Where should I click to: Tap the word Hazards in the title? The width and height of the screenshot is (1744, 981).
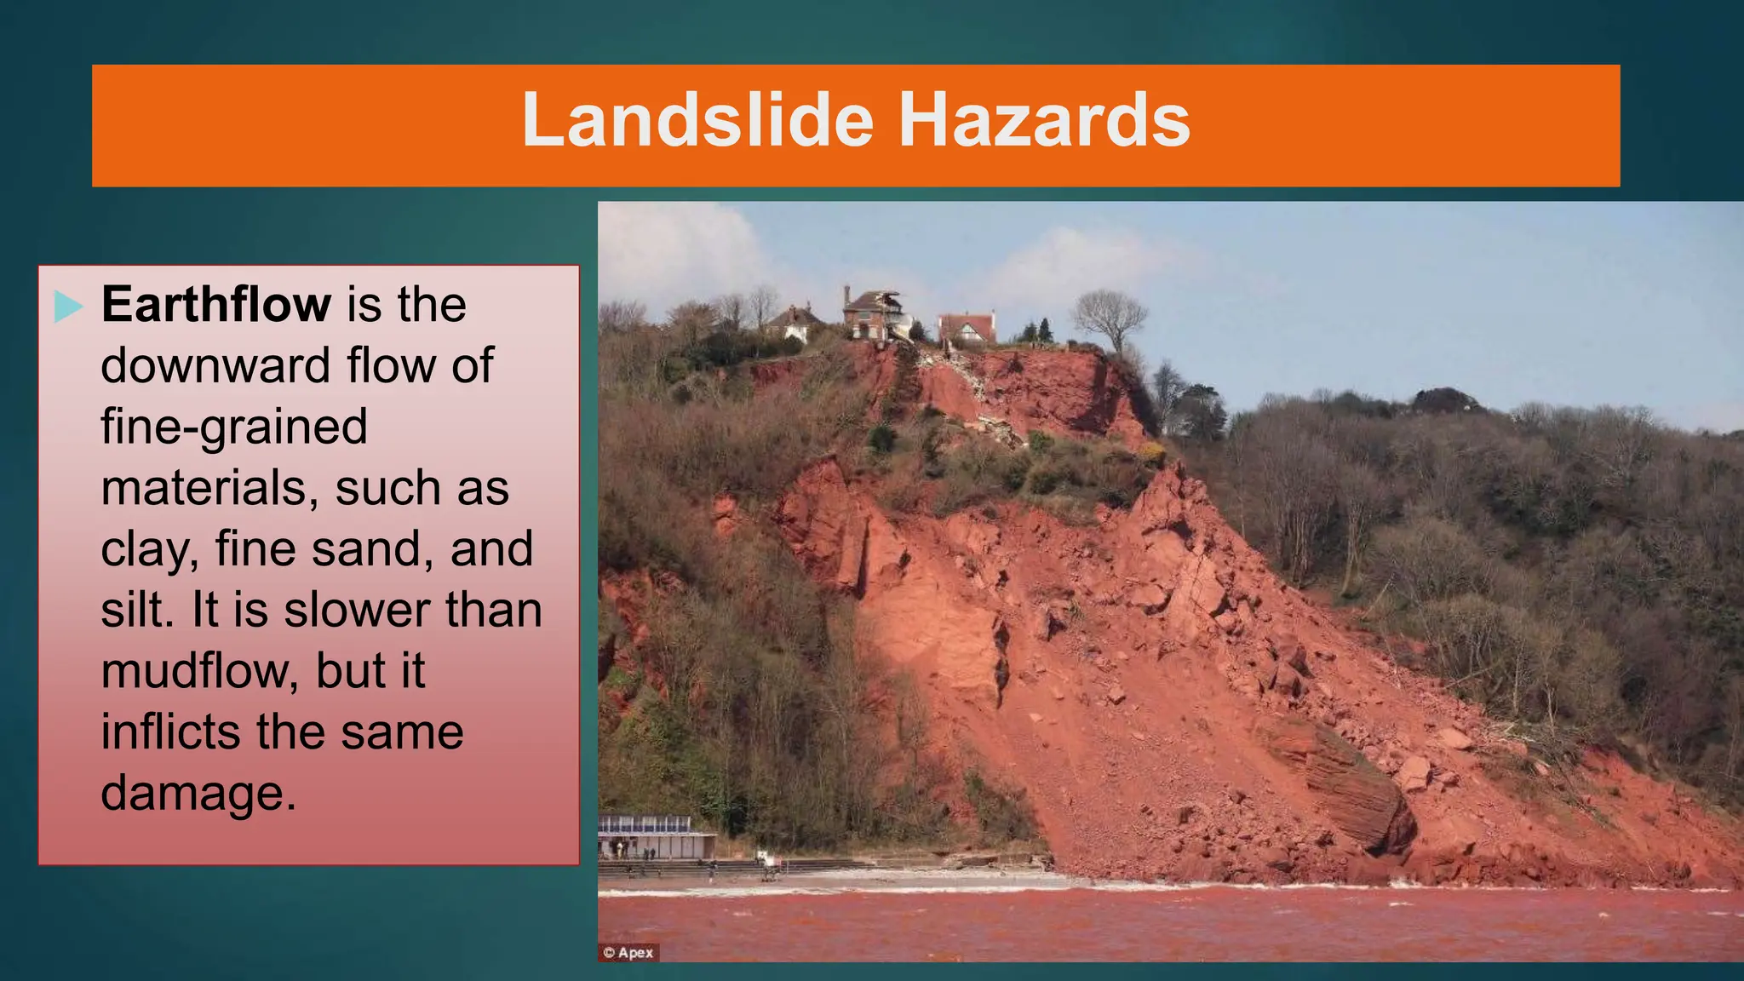click(x=1044, y=121)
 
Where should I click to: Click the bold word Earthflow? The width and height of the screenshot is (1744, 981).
click(x=216, y=304)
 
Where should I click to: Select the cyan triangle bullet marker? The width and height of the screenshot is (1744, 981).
click(x=68, y=306)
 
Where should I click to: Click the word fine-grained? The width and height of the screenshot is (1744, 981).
click(x=234, y=427)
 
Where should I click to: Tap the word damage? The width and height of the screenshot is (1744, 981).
click(x=198, y=794)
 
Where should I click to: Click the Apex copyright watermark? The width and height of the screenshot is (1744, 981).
click(x=628, y=952)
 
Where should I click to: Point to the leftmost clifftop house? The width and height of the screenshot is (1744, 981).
click(x=794, y=324)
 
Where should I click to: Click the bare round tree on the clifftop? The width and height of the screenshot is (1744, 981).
click(x=1109, y=317)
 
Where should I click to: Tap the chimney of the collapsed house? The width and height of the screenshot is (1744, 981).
click(x=847, y=295)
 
